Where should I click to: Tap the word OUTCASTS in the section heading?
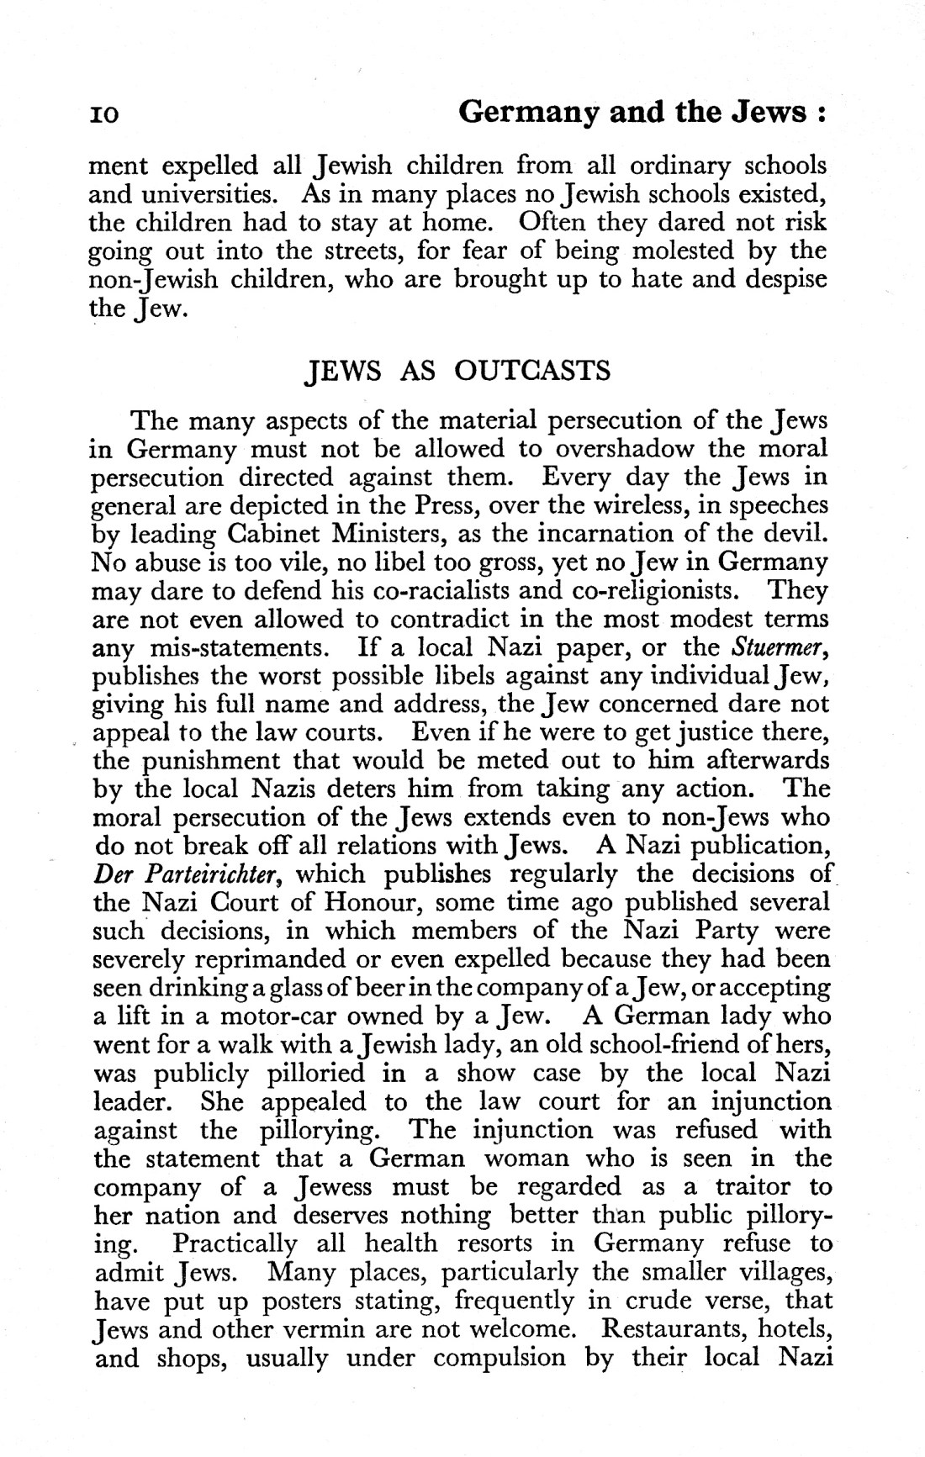coord(532,371)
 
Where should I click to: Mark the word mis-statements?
coord(234,647)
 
